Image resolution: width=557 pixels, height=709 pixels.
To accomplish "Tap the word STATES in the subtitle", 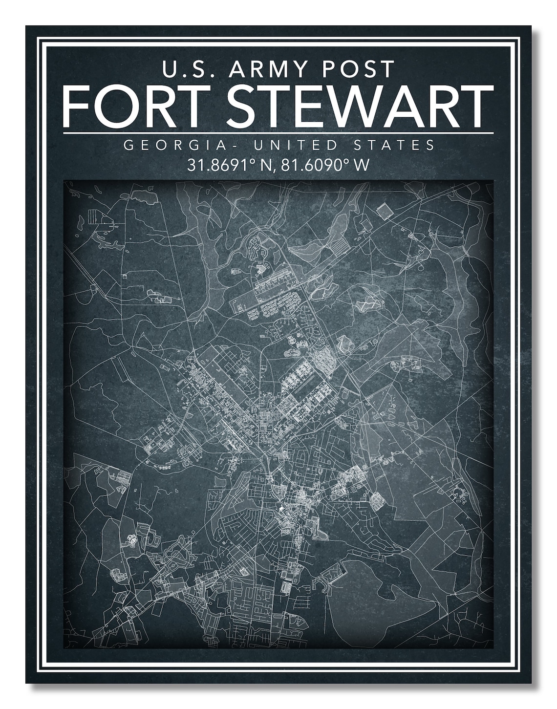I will [395, 145].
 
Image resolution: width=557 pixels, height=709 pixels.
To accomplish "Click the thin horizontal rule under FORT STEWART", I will [278, 132].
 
